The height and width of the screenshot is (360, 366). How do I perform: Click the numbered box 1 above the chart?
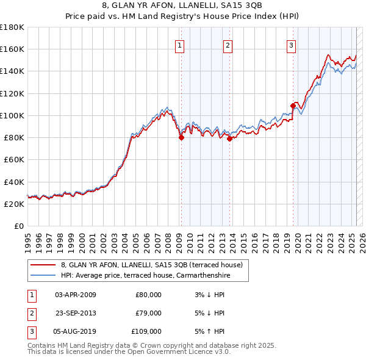pos(180,45)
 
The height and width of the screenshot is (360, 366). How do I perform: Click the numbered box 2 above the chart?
pos(227,45)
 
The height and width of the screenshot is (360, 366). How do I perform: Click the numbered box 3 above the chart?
pos(291,45)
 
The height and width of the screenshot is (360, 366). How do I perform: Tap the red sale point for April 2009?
pos(181,138)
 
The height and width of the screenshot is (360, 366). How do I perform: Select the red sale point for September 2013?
pos(230,139)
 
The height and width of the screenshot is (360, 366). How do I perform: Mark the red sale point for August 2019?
pos(293,106)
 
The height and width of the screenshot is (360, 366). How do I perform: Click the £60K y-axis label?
pos(13,159)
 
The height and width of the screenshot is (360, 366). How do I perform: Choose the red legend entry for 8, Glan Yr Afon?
pos(152,265)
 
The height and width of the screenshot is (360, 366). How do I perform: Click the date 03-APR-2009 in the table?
pos(76,295)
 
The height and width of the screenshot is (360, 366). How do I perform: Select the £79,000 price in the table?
pos(148,313)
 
